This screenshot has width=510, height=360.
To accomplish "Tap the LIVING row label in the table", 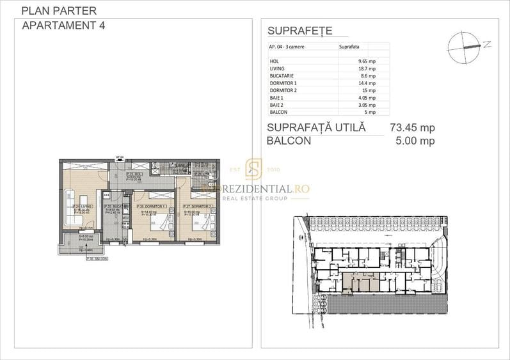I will click(x=277, y=68).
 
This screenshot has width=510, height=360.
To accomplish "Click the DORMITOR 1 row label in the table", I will click(x=283, y=83).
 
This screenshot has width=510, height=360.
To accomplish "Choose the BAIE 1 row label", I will click(x=277, y=98).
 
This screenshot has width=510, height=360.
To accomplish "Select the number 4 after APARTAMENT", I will click(x=102, y=26).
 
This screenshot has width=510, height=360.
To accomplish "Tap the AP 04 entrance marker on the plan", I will click(x=119, y=157).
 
